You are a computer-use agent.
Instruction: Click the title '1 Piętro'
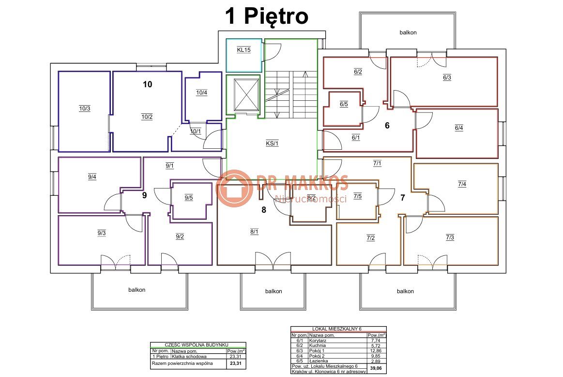point(267,16)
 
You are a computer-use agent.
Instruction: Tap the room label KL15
point(244,50)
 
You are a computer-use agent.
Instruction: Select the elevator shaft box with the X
point(246,95)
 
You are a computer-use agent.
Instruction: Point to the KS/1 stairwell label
point(272,143)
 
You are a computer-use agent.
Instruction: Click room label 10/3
point(85,109)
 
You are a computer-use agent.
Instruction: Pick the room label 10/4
point(202,93)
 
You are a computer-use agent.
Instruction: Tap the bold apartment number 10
point(148,84)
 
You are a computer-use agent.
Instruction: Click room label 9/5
point(189,198)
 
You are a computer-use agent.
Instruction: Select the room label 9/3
point(102,233)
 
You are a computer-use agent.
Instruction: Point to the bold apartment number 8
point(264,210)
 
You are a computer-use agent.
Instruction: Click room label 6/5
point(344,105)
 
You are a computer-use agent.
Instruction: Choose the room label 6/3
point(447,78)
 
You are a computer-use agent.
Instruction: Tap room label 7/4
point(462,184)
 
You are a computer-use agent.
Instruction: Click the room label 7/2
point(371,238)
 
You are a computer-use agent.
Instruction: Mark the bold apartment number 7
point(403,198)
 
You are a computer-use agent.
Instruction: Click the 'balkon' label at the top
point(408,32)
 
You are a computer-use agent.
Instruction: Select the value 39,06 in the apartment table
point(376,368)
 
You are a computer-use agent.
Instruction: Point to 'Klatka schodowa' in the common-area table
point(189,357)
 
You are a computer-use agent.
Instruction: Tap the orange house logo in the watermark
point(234,188)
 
